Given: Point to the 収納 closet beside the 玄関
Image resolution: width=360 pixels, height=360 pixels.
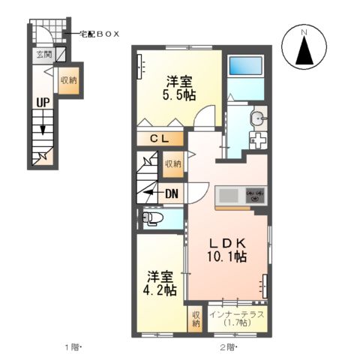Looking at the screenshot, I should tap(68, 80).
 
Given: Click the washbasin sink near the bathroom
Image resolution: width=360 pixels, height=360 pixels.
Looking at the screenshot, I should tap(259, 118).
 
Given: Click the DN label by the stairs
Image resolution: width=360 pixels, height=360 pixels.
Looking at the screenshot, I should tap(171, 193).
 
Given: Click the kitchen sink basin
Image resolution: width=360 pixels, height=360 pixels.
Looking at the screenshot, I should tap(228, 196).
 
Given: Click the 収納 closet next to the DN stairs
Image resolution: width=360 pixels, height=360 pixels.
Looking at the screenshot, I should tap(172, 163).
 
